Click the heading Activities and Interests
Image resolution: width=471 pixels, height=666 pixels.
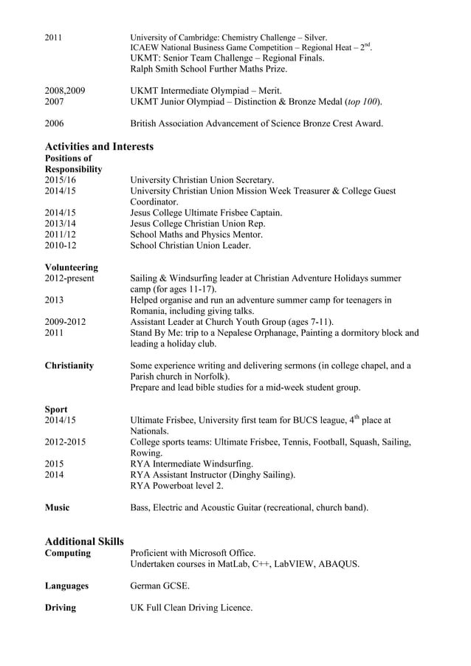pyautogui.click(x=99, y=146)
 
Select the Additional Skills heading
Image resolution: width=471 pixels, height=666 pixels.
pyautogui.click(x=84, y=541)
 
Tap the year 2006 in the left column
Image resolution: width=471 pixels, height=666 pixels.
pyautogui.click(x=55, y=123)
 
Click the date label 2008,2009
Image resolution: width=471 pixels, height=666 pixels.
pyautogui.click(x=65, y=90)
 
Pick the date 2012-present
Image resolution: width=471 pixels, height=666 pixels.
pyautogui.click(x=69, y=278)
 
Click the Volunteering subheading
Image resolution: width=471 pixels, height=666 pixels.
pyautogui.click(x=72, y=267)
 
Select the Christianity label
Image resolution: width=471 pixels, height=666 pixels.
pyautogui.click(x=69, y=365)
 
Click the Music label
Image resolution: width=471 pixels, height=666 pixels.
pyautogui.click(x=58, y=507)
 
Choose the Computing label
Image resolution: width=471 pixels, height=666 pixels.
pyautogui.click(x=68, y=553)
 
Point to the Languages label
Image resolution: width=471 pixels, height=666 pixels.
pyautogui.click(x=66, y=586)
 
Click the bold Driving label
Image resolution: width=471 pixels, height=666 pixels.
pyautogui.click(x=60, y=608)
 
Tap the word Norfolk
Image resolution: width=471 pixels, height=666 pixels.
pyautogui.click(x=210, y=377)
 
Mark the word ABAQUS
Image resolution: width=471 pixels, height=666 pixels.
pyautogui.click(x=340, y=564)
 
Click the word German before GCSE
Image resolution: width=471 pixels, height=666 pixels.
pyautogui.click(x=147, y=586)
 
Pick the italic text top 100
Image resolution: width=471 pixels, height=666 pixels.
pyautogui.click(x=362, y=101)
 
